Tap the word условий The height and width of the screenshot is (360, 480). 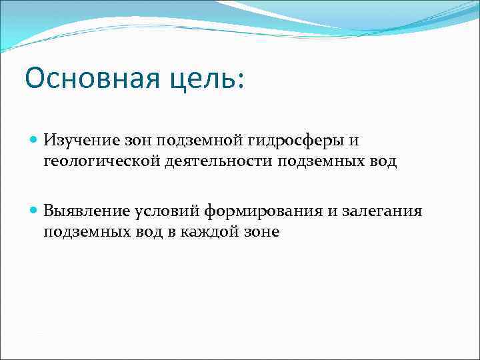click(x=161, y=211)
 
